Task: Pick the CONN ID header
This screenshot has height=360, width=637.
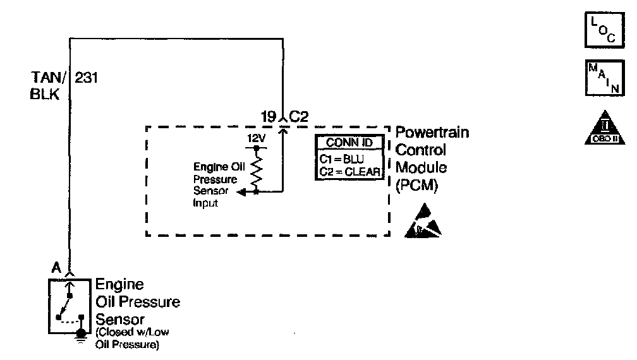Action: point(349,142)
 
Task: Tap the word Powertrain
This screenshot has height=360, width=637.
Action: point(432,134)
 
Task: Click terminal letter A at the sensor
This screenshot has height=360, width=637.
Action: point(56,267)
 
